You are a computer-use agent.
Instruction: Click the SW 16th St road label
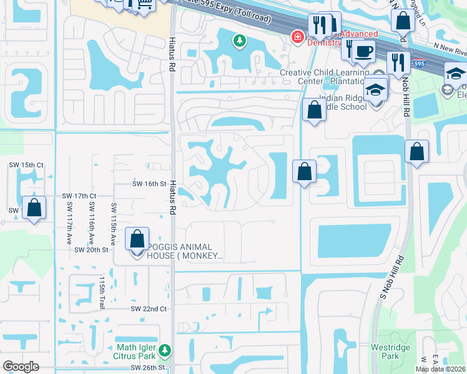(149, 184)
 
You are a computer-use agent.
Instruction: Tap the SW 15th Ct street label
(23, 165)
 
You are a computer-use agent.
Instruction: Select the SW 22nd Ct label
(149, 309)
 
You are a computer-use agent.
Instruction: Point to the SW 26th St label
(149, 368)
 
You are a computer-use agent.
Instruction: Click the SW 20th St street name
(91, 249)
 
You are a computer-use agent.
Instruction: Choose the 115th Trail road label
(101, 289)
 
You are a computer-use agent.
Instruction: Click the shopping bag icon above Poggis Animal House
(137, 238)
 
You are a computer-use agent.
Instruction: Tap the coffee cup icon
(363, 51)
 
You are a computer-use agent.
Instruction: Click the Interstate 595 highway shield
(420, 63)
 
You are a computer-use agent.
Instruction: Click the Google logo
(21, 367)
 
